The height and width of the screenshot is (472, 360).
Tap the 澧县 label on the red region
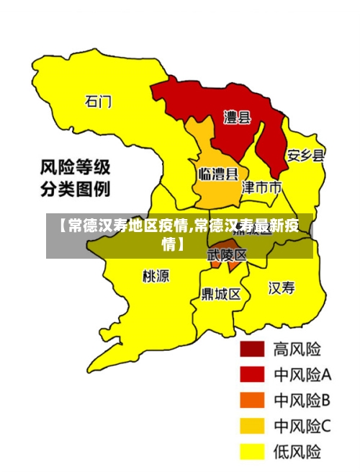tap(237, 117)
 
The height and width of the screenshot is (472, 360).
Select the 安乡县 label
tap(305, 155)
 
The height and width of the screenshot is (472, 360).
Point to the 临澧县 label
tap(218, 174)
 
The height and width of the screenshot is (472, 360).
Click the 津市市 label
tap(261, 188)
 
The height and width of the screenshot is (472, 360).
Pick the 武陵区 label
tap(227, 255)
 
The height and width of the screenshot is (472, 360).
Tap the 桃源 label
tap(156, 275)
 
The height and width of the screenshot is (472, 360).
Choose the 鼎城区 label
tap(220, 294)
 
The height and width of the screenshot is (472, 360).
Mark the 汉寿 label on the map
tap(282, 288)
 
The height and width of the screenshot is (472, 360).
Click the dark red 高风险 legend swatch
tap(252, 349)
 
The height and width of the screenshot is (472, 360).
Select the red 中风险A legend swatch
tap(252, 374)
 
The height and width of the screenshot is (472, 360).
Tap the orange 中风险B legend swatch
tap(252, 400)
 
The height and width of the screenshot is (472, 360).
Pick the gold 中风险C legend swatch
tap(252, 426)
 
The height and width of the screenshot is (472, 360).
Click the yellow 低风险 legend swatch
tap(252, 452)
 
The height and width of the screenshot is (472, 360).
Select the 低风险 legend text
tap(297, 452)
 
